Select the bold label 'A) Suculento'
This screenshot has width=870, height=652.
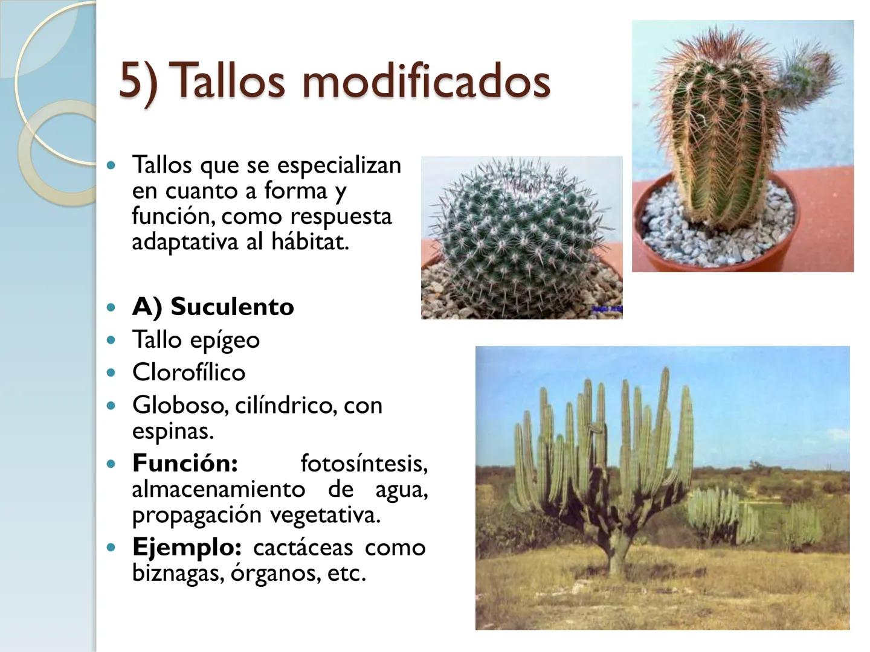pyautogui.click(x=213, y=307)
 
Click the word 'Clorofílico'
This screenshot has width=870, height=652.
pyautogui.click(x=188, y=372)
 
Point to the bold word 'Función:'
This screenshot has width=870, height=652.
pyautogui.click(x=185, y=463)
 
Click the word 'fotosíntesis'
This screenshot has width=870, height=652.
pyautogui.click(x=363, y=463)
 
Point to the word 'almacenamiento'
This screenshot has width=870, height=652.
pyautogui.click(x=218, y=489)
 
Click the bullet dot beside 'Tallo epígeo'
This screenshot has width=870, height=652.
pyautogui.click(x=110, y=340)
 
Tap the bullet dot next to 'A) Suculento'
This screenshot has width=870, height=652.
pyautogui.click(x=110, y=307)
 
